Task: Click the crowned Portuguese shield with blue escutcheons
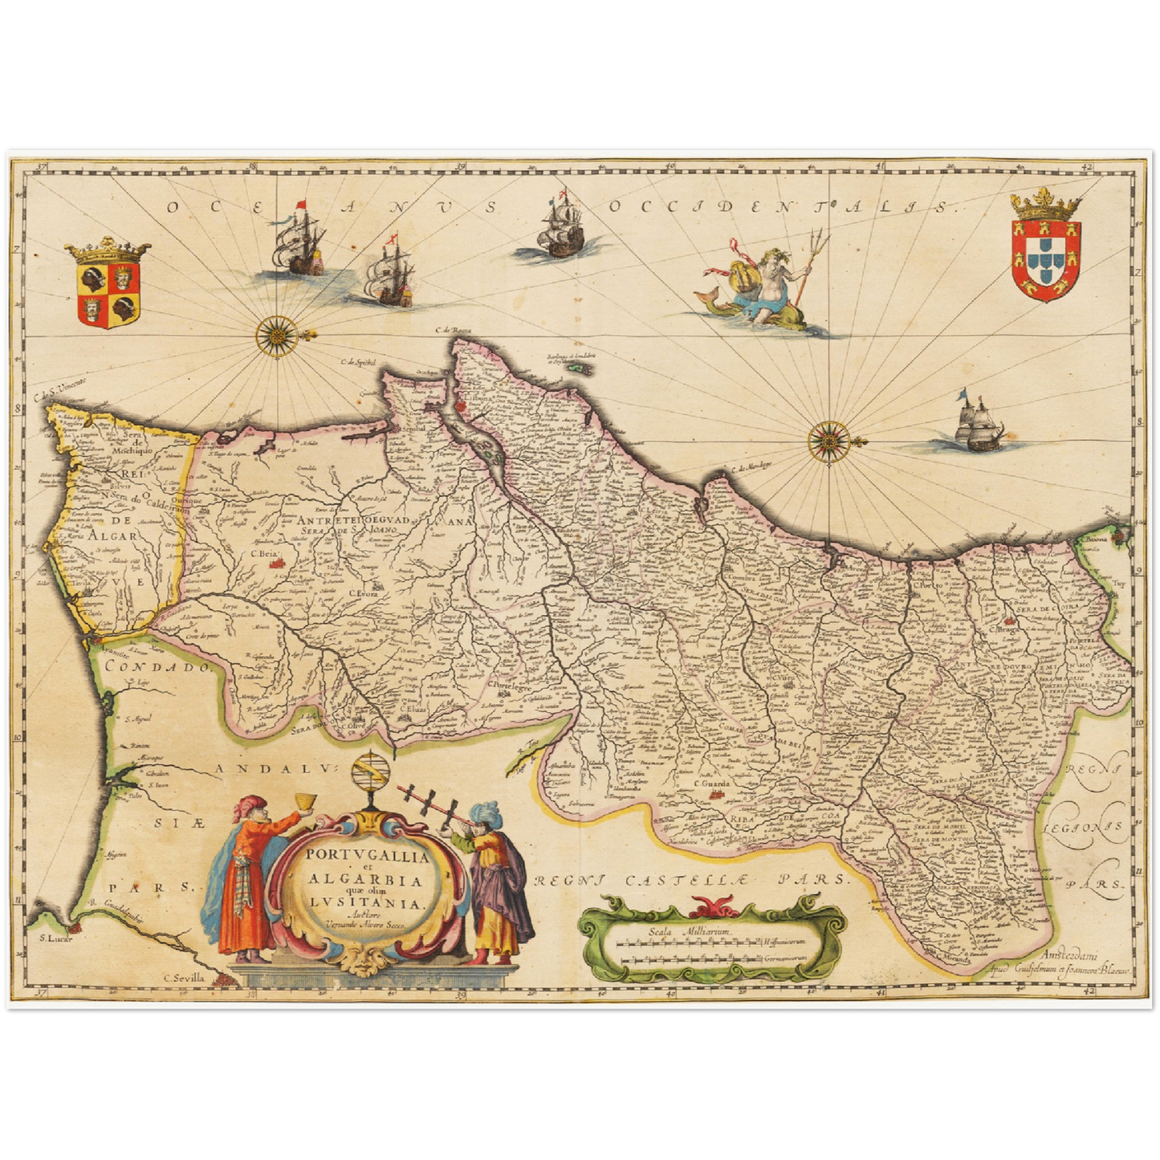tap(1045, 250)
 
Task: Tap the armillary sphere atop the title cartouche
tap(371, 775)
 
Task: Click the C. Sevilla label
tap(184, 978)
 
